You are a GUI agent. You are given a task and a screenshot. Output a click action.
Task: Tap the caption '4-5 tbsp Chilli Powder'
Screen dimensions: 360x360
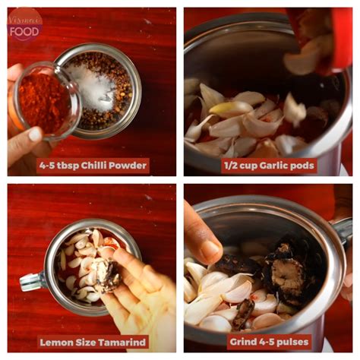93,165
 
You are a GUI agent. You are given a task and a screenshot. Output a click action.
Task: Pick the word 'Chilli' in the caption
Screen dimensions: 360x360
90,165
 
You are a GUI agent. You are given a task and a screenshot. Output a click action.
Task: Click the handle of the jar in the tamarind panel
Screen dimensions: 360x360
32,282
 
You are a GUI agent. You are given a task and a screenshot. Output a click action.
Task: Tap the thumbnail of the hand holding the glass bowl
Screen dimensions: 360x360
34,134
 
